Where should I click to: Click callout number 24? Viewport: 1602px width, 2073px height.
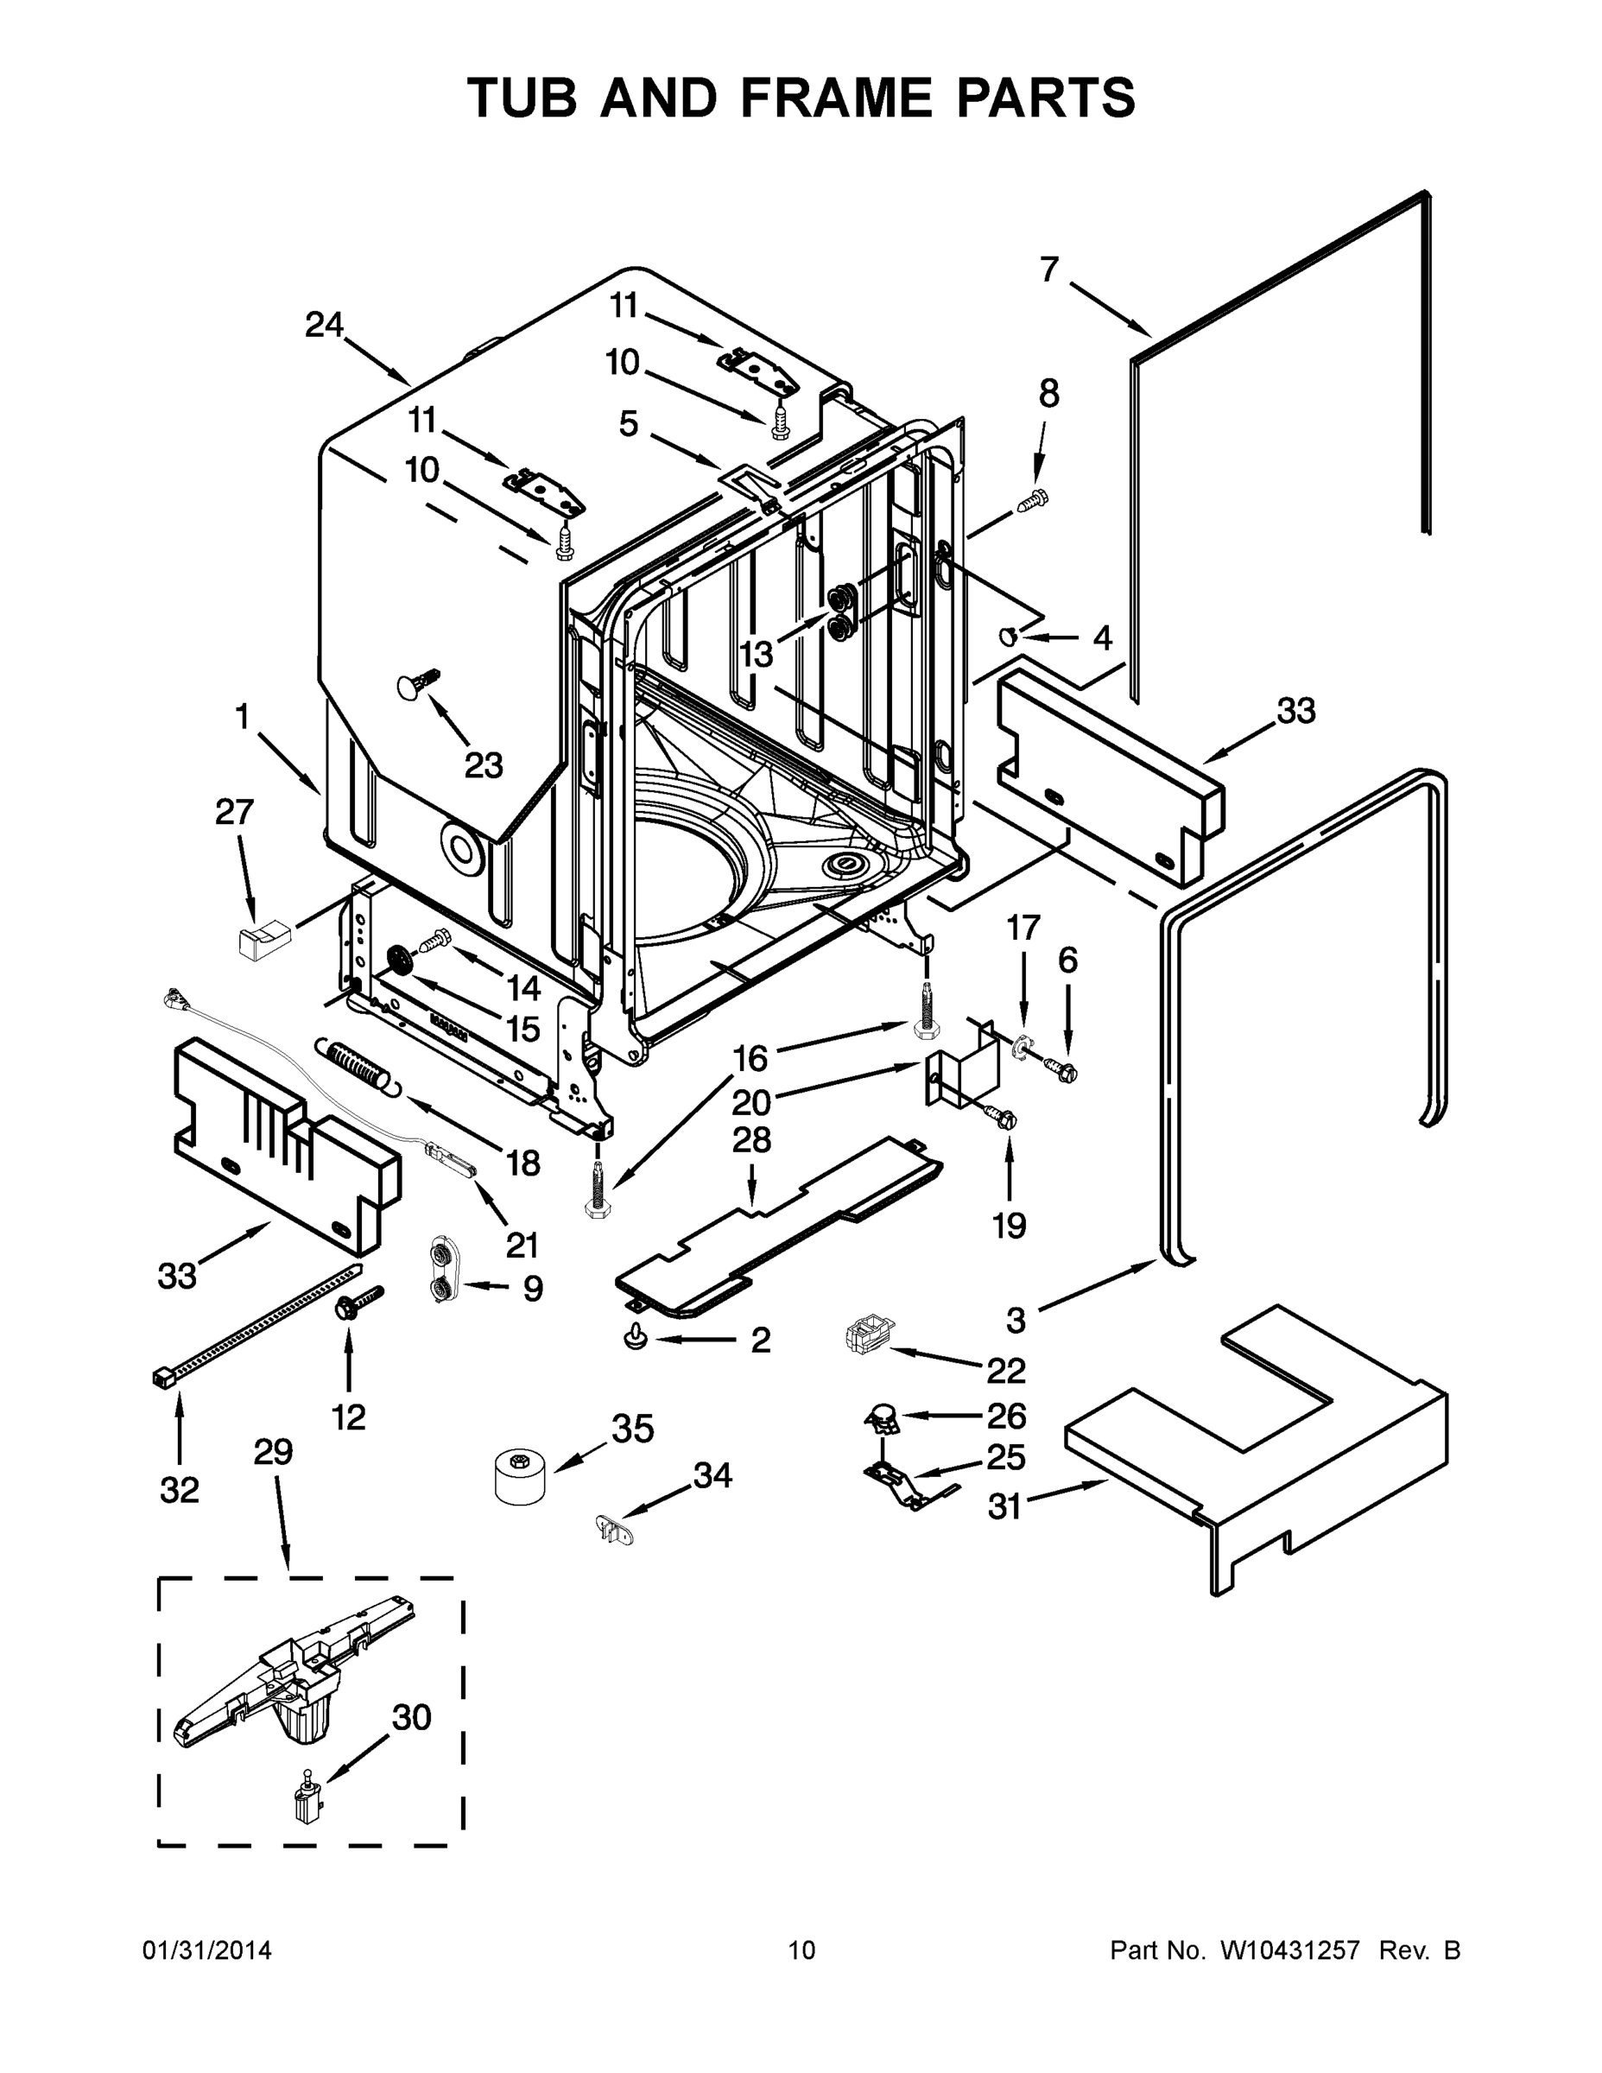[324, 326]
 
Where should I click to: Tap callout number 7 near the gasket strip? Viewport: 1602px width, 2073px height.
[1048, 269]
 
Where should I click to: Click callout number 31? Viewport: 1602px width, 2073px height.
[1004, 1506]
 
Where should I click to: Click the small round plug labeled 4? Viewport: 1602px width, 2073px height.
[1010, 635]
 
